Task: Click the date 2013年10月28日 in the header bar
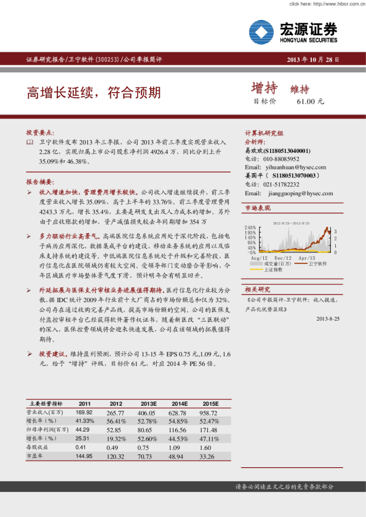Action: (x=313, y=60)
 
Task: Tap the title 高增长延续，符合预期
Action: (x=93, y=93)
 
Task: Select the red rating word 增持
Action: (x=265, y=88)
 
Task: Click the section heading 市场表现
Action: (x=258, y=209)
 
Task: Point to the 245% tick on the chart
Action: (x=250, y=228)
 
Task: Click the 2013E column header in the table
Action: (x=148, y=403)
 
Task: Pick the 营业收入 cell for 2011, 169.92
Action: (x=84, y=413)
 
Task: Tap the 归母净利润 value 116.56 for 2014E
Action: (x=179, y=430)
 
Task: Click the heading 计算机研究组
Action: (x=264, y=133)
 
